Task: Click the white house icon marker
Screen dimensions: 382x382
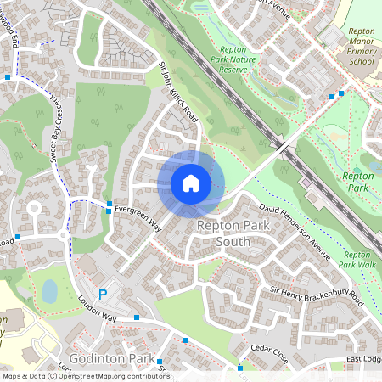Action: tap(191, 183)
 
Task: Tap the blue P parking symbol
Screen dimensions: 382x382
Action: tap(104, 295)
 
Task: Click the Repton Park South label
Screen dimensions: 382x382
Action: tap(223, 233)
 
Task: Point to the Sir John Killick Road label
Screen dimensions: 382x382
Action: tap(179, 93)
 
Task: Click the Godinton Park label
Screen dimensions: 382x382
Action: tap(110, 358)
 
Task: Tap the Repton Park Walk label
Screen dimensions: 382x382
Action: tap(357, 259)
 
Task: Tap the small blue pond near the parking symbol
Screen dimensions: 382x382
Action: tap(49, 291)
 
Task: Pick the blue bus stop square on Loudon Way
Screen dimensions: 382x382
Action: tap(137, 318)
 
